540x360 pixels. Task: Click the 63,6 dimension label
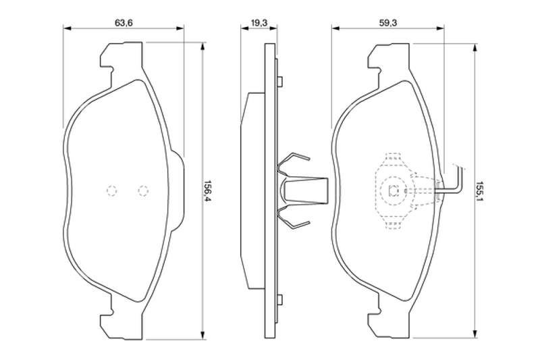pyautogui.click(x=124, y=23)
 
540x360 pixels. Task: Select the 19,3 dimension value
pyautogui.click(x=259, y=23)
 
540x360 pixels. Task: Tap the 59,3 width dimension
pyautogui.click(x=388, y=23)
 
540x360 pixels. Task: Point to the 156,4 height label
pyautogui.click(x=207, y=191)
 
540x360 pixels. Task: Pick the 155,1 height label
pyautogui.click(x=480, y=191)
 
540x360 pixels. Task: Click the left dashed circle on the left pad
pyautogui.click(x=111, y=190)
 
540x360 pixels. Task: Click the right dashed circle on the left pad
pyautogui.click(x=143, y=190)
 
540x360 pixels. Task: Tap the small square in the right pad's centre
pyautogui.click(x=393, y=190)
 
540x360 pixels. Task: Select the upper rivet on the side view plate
pyautogui.click(x=280, y=81)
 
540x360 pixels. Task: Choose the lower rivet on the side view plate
pyautogui.click(x=280, y=299)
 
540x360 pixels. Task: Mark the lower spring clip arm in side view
pyautogui.click(x=293, y=217)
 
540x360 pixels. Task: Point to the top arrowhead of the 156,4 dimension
pyautogui.click(x=202, y=47)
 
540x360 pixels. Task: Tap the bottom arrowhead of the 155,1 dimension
pyautogui.click(x=475, y=333)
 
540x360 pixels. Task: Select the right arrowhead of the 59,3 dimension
pyautogui.click(x=440, y=28)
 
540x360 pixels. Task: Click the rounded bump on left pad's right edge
pyautogui.click(x=178, y=190)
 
